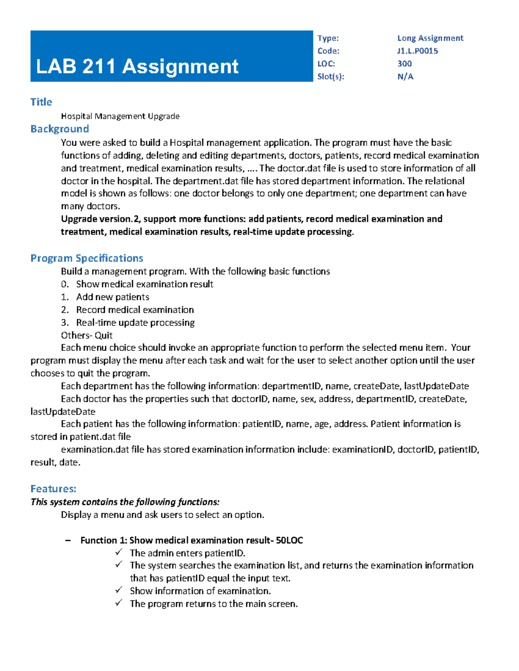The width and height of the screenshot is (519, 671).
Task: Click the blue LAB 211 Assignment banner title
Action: [137, 67]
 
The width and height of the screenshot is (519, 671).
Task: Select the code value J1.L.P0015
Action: [417, 51]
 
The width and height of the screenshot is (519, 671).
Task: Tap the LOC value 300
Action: [404, 64]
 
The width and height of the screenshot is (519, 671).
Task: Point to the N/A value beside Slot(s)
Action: [405, 76]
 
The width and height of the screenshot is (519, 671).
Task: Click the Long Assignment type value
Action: [430, 38]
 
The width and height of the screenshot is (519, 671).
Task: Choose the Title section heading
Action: [41, 102]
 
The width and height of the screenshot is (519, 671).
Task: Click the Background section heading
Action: [60, 129]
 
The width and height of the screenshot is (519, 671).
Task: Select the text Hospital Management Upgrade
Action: [120, 116]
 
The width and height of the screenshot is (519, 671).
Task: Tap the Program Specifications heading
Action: [86, 258]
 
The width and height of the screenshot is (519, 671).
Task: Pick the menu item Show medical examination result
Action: [144, 284]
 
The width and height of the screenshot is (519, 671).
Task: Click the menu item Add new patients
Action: [112, 297]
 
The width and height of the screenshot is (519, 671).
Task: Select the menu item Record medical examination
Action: [135, 310]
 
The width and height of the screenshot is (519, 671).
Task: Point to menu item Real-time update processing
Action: [135, 322]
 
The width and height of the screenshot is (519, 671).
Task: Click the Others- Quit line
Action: [86, 335]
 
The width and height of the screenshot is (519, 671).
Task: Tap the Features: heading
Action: [53, 489]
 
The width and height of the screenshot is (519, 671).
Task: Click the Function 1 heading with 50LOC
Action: [192, 540]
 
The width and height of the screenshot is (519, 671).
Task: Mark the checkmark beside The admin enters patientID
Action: [119, 552]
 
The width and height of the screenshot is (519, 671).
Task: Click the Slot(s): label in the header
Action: [330, 76]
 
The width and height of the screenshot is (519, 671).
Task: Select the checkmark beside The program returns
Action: [119, 603]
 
